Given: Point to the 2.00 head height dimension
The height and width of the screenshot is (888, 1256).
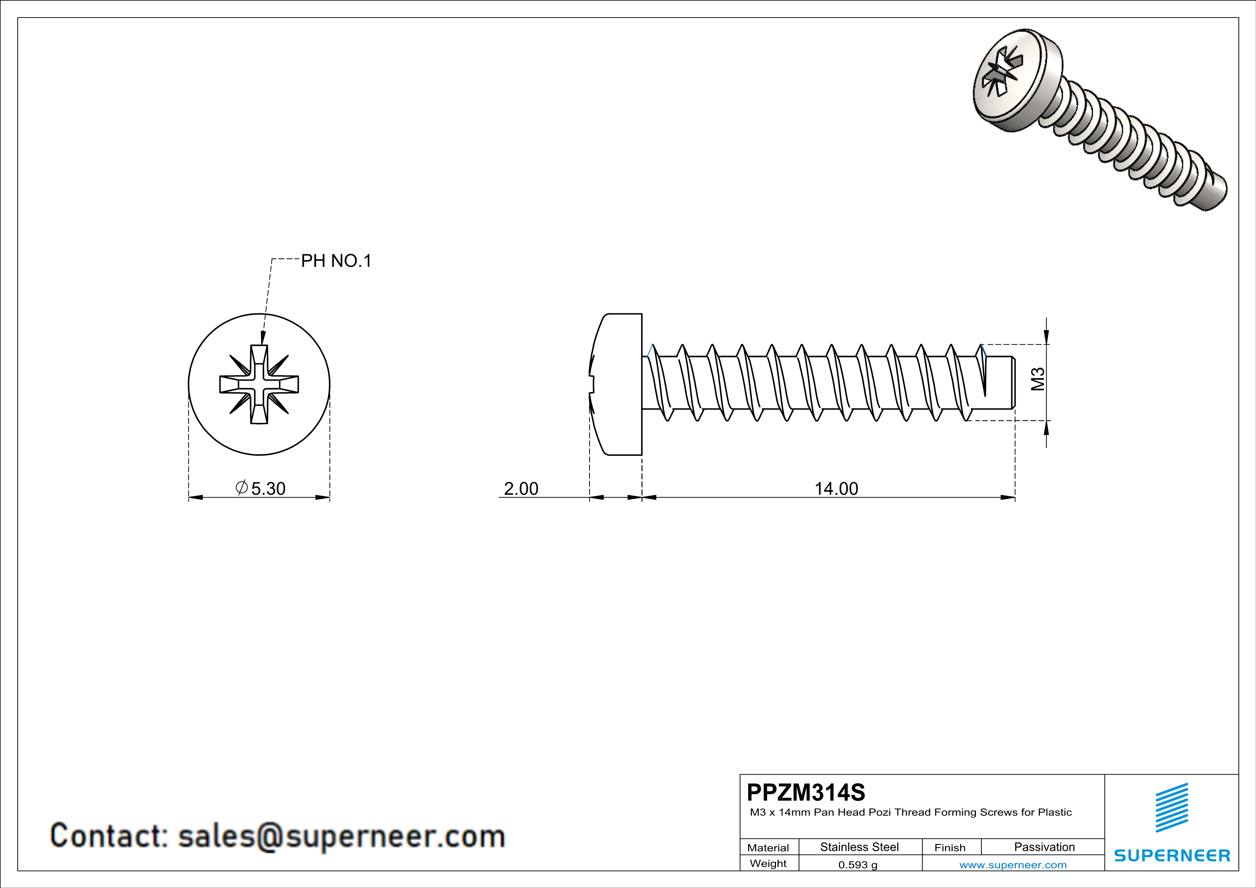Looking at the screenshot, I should (x=521, y=488).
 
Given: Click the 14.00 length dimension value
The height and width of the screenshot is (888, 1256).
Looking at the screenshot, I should (x=836, y=488).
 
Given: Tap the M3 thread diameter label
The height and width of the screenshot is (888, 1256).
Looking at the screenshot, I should (x=1038, y=379).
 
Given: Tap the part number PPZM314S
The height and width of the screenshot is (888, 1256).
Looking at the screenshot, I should (x=806, y=792).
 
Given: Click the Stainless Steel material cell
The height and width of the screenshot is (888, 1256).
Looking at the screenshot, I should (x=860, y=847).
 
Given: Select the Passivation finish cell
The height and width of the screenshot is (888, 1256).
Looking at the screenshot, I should (x=1044, y=847).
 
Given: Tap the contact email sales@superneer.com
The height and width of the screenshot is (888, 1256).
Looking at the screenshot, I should (x=341, y=836).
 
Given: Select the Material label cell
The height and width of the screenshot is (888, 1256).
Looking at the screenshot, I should (x=768, y=848).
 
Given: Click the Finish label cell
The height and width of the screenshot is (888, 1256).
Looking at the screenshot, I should (x=950, y=848).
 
